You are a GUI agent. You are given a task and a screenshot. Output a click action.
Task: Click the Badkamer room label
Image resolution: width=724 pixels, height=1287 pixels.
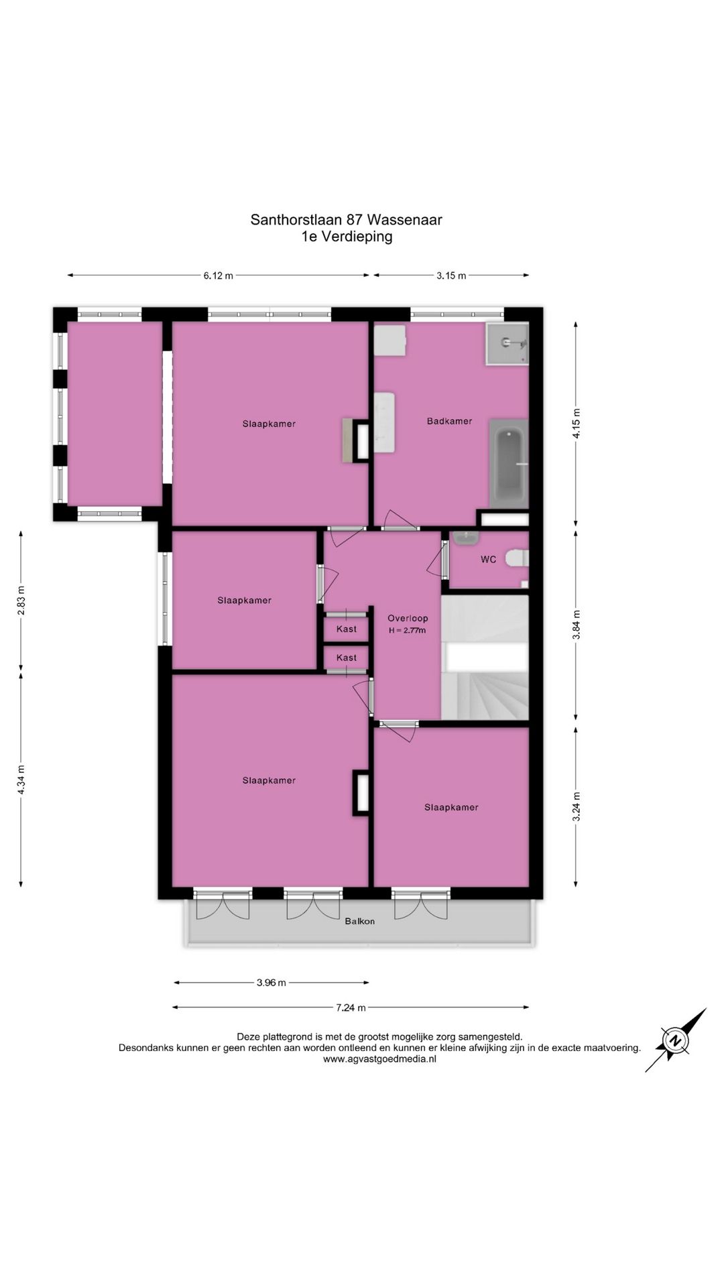pos(449,421)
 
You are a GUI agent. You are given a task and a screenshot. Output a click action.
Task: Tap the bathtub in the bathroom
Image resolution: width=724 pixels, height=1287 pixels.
pos(509,463)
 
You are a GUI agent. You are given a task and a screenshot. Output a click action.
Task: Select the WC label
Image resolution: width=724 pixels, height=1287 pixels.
pos(488,559)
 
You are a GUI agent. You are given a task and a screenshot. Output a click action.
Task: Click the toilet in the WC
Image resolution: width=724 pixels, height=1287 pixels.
pos(518,558)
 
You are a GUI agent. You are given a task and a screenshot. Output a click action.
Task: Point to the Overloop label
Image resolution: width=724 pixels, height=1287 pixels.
pos(408,618)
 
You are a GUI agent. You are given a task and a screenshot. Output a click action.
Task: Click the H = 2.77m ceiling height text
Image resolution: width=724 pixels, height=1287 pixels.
pos(407,631)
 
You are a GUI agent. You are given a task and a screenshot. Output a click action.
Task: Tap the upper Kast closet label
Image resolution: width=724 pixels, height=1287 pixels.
pos(347,629)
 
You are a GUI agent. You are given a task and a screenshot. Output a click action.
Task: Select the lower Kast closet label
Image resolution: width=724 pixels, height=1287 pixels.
pos(347,658)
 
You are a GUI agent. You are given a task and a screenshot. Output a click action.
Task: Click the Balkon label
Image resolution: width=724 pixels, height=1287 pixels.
pos(360,921)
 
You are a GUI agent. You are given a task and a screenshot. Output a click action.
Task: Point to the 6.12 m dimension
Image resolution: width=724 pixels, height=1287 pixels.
pos(219,275)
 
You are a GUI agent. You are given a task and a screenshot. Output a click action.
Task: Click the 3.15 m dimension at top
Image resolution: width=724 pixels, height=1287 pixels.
pos(451,275)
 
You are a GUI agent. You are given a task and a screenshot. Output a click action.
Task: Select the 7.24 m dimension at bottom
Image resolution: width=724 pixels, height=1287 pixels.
pos(351,1007)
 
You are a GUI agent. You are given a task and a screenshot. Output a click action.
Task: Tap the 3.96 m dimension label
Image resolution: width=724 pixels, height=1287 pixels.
pos(271,983)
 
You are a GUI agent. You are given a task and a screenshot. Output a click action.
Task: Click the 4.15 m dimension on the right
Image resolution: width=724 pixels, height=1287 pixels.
pos(577,423)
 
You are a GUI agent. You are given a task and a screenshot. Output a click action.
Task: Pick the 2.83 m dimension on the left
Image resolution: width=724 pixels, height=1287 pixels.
pos(21,600)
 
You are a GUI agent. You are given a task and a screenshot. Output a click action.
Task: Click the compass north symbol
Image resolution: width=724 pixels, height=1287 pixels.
pos(676,1040)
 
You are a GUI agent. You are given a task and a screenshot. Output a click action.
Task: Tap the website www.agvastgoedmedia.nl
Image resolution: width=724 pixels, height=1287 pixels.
pos(379,1059)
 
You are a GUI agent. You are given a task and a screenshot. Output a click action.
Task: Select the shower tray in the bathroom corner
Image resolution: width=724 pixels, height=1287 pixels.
pos(507,343)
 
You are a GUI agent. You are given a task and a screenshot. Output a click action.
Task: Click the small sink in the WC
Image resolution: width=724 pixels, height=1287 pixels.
pos(465,537)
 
